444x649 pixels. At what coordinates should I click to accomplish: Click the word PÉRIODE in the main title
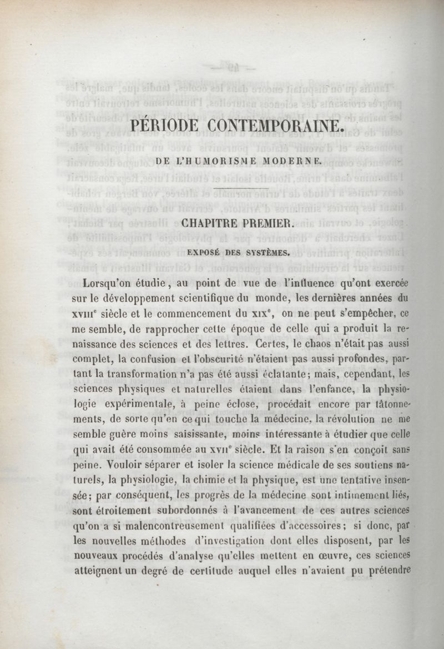pyautogui.click(x=163, y=121)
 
